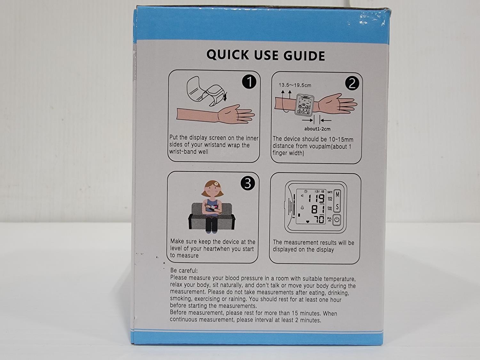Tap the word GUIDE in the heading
[x=304, y=55]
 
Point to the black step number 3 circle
[x=248, y=183]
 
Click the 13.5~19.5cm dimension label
[x=295, y=85]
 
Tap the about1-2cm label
[x=317, y=129]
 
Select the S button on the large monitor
[x=337, y=206]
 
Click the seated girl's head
[x=212, y=189]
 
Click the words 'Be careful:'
[x=184, y=271]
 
